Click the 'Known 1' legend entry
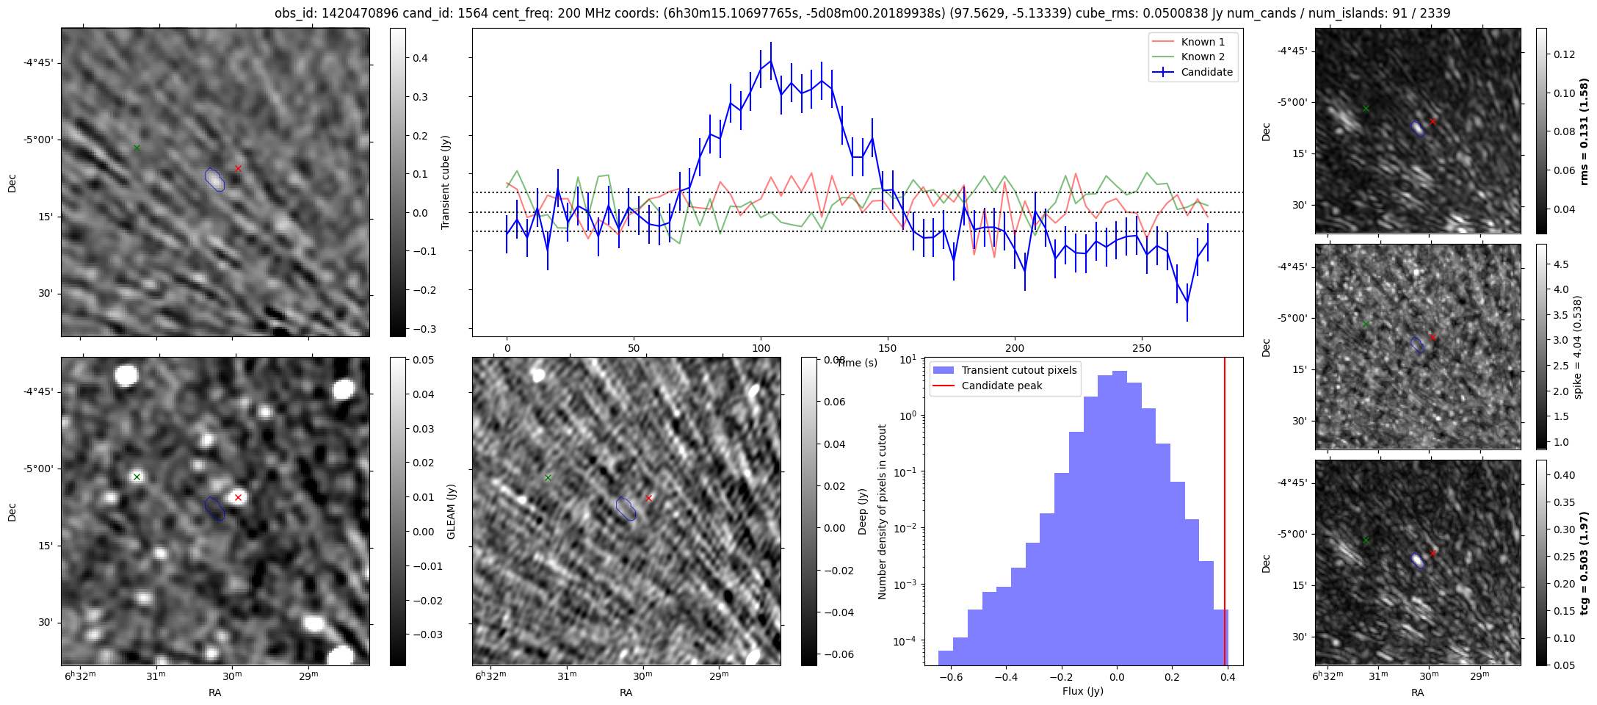[x=1202, y=42]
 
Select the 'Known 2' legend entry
[x=1202, y=57]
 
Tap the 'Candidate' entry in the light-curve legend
[x=1206, y=72]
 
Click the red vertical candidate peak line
[x=1225, y=514]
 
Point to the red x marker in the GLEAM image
[x=238, y=498]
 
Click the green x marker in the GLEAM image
[x=137, y=477]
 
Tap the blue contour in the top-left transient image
[x=214, y=179]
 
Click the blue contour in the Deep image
[x=626, y=508]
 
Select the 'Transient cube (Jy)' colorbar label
[x=445, y=182]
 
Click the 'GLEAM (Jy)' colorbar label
[x=451, y=511]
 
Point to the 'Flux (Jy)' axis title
[x=1082, y=691]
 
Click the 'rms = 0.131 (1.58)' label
[x=1584, y=131]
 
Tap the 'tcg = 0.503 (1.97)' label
[x=1584, y=563]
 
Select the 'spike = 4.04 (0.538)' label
[x=1578, y=347]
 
